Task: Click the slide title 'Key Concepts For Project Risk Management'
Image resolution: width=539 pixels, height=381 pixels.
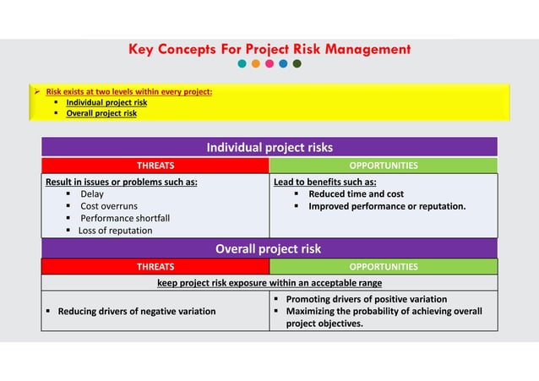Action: point(269,49)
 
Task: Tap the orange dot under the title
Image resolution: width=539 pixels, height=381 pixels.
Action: point(256,63)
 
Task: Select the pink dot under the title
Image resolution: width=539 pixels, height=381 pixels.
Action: point(269,63)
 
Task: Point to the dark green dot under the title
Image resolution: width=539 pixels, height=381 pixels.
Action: point(297,63)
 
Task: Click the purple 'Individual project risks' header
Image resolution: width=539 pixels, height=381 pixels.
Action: point(269,148)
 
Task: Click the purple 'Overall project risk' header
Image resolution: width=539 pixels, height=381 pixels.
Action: point(269,248)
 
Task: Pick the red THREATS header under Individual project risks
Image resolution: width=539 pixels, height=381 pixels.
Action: point(155,166)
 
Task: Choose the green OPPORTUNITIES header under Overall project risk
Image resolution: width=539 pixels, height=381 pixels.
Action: point(384,267)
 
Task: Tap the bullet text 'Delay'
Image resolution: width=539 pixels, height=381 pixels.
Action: point(92,194)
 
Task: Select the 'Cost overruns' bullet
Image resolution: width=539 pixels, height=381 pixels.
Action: point(109,206)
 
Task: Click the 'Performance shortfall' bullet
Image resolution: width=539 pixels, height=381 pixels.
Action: point(125,218)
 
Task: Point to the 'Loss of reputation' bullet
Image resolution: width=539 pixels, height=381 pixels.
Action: point(116,231)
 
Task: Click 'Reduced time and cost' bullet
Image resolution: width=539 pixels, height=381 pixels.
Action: point(356,194)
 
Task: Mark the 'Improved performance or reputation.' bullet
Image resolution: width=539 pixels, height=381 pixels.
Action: point(386,206)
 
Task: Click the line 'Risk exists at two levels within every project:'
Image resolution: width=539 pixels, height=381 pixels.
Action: point(128,91)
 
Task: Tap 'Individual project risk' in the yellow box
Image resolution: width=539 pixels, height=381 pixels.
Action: point(106,102)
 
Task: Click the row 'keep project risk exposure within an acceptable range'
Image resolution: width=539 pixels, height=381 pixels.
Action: point(269,283)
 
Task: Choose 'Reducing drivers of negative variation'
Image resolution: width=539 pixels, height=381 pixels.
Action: point(136,311)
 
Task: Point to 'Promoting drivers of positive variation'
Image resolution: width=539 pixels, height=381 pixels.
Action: point(366,299)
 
